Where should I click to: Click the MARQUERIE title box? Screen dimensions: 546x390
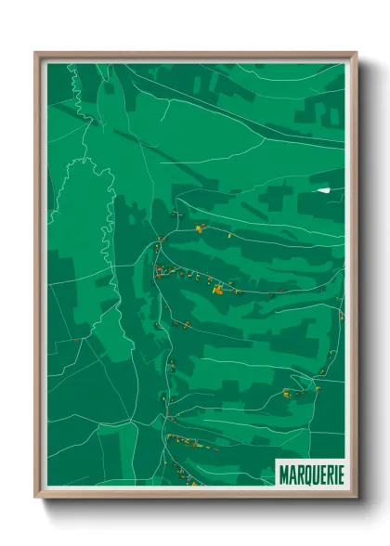pyautogui.click(x=310, y=473)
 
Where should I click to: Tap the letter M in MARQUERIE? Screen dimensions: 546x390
pyautogui.click(x=283, y=474)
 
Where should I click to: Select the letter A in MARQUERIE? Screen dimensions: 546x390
pyautogui.click(x=291, y=474)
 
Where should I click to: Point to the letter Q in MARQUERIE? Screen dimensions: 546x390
pyautogui.click(x=305, y=474)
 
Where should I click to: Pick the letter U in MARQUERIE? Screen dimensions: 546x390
pyautogui.click(x=312, y=474)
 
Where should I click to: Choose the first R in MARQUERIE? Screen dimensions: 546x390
pyautogui.click(x=297, y=474)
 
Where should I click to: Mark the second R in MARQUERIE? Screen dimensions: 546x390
pyautogui.click(x=325, y=474)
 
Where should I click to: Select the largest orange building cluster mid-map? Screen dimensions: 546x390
pyautogui.click(x=217, y=290)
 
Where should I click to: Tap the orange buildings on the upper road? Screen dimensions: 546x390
pyautogui.click(x=199, y=227)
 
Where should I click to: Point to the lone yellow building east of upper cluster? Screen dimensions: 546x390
pyautogui.click(x=229, y=235)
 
